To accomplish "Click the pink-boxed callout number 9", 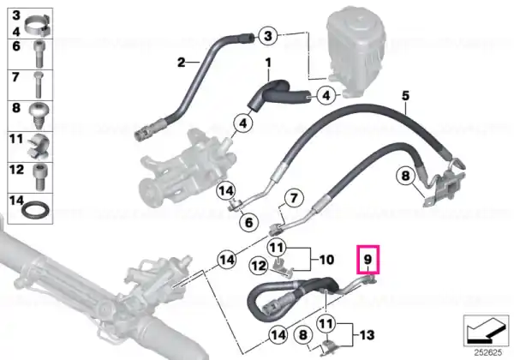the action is click(x=368, y=260).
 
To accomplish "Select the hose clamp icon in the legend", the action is click(x=38, y=25).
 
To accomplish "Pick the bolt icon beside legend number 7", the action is click(x=39, y=85).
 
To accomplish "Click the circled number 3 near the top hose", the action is click(x=268, y=35).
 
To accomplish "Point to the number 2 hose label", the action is click(x=182, y=62).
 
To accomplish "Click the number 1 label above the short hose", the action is click(x=268, y=62).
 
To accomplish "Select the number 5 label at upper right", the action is click(x=405, y=96).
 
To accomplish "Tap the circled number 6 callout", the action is click(x=249, y=222).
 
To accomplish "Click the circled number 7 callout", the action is click(x=294, y=198).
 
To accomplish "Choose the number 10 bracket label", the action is click(x=326, y=260).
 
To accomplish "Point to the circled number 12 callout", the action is click(x=259, y=266).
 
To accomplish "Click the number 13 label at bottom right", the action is click(x=367, y=335).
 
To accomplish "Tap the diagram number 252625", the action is click(x=487, y=353).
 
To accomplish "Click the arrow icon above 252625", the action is click(x=486, y=331).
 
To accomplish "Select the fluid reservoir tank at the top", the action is click(x=357, y=49).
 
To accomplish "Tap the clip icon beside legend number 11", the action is click(x=39, y=147).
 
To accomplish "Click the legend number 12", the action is click(x=16, y=170).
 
